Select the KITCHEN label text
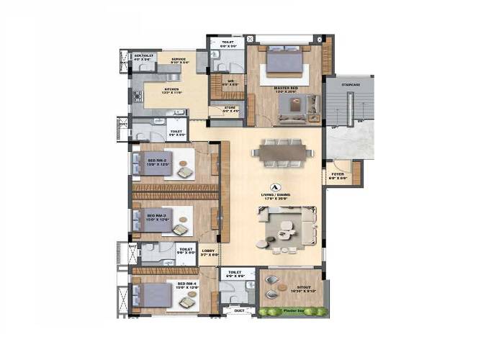tap(158, 89)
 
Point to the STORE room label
tap(229, 107)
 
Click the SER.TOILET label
tap(143, 55)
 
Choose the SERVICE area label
tap(179, 59)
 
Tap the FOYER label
tap(337, 174)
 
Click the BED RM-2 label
tap(157, 161)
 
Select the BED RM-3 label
tap(157, 215)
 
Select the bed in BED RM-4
tap(153, 294)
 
